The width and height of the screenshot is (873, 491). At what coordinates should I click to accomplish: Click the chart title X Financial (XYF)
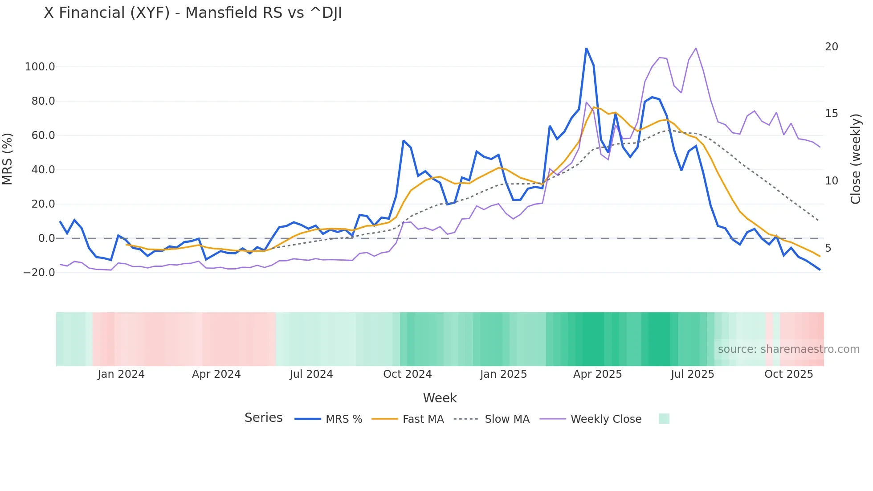point(192,13)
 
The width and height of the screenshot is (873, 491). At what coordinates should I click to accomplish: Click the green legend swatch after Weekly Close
point(664,419)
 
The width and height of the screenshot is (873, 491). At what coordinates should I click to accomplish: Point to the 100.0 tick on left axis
point(40,67)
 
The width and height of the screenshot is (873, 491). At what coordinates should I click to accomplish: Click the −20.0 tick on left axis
point(39,273)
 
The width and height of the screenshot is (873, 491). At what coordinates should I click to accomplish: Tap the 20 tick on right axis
point(831,47)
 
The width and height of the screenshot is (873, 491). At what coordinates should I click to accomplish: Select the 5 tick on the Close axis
point(828,248)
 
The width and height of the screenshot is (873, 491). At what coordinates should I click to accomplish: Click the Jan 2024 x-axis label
point(121,374)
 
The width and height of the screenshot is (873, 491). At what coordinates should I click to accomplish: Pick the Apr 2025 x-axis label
point(597,374)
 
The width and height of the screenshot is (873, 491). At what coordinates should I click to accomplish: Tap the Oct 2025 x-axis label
point(788,374)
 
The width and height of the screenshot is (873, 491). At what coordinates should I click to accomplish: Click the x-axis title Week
point(440,398)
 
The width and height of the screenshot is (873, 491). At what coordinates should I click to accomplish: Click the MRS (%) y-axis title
point(8,159)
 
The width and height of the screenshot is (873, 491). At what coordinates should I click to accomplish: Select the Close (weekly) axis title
point(856,159)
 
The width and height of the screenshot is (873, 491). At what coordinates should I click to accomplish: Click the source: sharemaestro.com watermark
point(788,349)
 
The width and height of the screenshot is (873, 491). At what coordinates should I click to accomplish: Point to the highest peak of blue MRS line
point(586,48)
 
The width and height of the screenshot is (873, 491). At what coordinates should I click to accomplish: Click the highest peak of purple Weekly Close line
point(696,48)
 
